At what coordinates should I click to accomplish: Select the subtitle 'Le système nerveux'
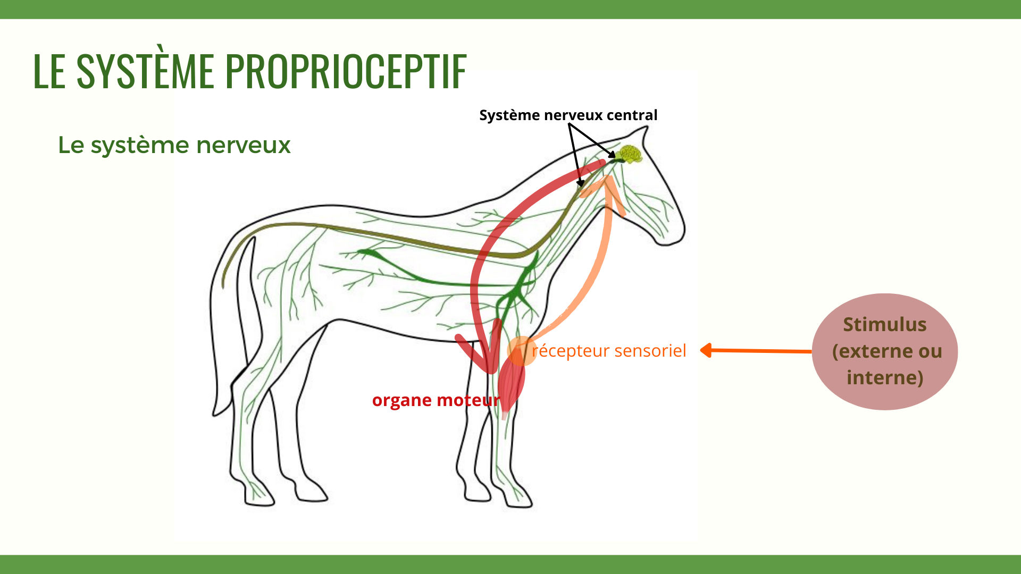tap(174, 145)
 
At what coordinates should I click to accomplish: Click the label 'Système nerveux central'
tap(568, 115)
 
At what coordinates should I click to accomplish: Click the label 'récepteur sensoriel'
tap(609, 351)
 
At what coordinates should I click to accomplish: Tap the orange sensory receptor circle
tap(522, 351)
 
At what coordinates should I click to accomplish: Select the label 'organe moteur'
tap(436, 400)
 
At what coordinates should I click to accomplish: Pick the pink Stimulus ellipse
tap(885, 351)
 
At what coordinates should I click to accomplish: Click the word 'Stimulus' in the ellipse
tap(885, 324)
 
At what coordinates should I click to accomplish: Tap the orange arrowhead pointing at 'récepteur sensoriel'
tap(707, 350)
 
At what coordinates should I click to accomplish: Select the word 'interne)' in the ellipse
tap(885, 378)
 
